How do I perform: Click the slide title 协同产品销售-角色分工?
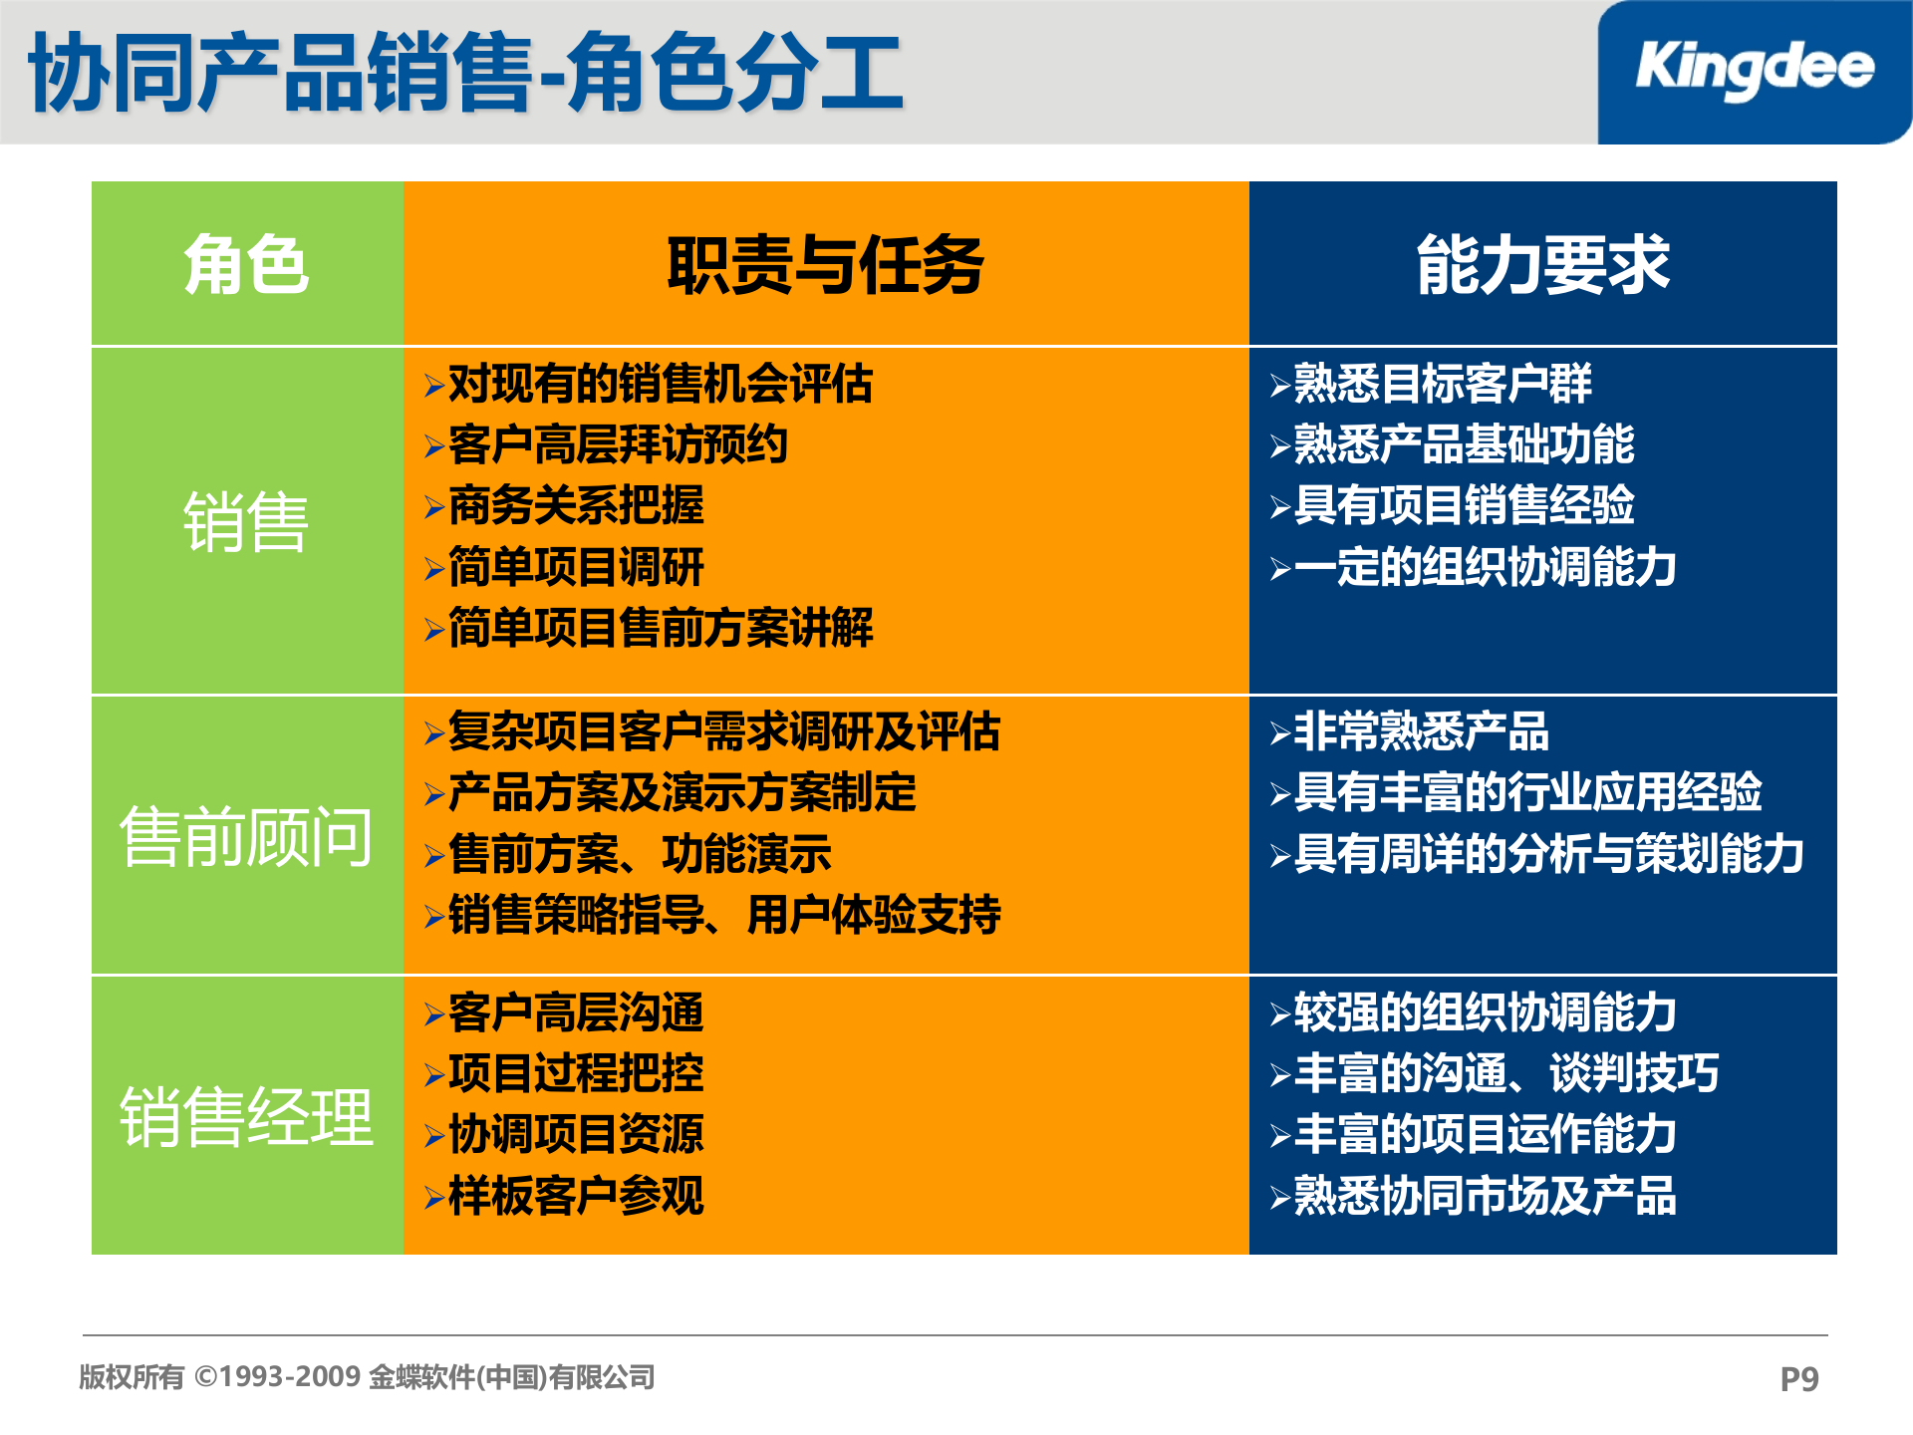tap(466, 72)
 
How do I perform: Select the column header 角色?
tap(246, 265)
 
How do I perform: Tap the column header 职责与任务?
tap(825, 265)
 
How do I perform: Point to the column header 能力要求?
tap(1542, 265)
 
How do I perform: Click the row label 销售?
tap(246, 521)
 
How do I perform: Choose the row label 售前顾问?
tap(246, 836)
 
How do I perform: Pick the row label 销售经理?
tap(246, 1116)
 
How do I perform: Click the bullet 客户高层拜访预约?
tap(618, 444)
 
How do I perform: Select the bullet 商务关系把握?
tap(576, 506)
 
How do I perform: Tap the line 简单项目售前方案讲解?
tap(660, 628)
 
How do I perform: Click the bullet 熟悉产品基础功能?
tap(1463, 444)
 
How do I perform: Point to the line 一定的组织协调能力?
tap(1485, 567)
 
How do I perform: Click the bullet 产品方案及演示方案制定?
tap(682, 792)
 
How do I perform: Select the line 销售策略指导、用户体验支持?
tap(723, 915)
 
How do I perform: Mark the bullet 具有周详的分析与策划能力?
tap(1548, 854)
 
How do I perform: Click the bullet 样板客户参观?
tap(576, 1195)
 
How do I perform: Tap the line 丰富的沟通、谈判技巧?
tap(1505, 1073)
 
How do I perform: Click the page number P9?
tap(1798, 1379)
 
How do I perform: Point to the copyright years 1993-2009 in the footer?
tap(290, 1377)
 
